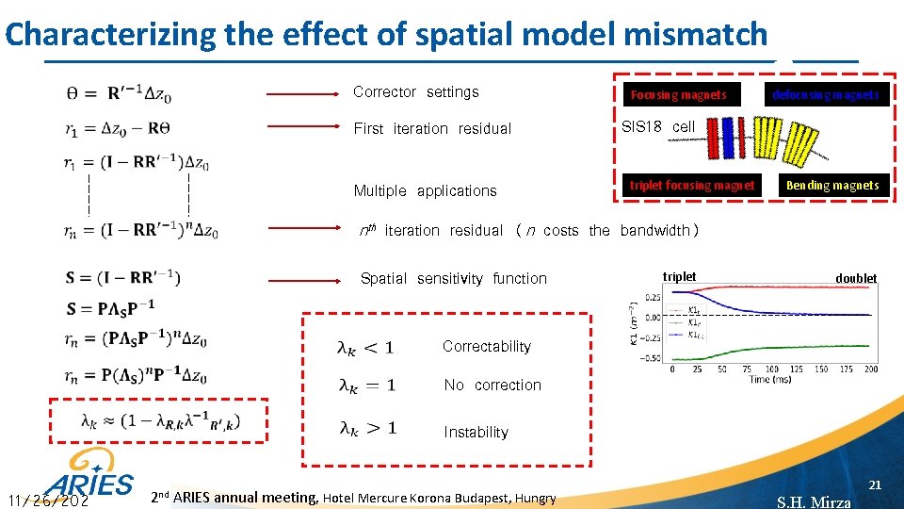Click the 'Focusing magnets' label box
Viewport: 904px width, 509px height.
coord(678,94)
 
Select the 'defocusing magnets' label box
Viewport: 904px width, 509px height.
coord(825,94)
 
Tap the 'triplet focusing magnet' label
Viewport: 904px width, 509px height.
coord(691,186)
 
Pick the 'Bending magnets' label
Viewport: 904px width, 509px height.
coord(832,186)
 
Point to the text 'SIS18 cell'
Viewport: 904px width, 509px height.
coord(658,126)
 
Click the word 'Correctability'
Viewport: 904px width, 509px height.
coord(487,347)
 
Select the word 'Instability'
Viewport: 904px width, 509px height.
coord(476,432)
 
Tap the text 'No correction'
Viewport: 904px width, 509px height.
coord(492,385)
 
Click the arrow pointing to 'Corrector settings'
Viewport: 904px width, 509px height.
coord(301,94)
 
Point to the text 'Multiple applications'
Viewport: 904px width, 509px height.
coord(425,190)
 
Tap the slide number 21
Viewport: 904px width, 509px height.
coord(874,484)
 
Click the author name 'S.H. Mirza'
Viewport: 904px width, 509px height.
coord(814,501)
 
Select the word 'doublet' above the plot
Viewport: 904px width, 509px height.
coord(856,278)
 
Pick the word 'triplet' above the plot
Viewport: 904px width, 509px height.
coord(679,276)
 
